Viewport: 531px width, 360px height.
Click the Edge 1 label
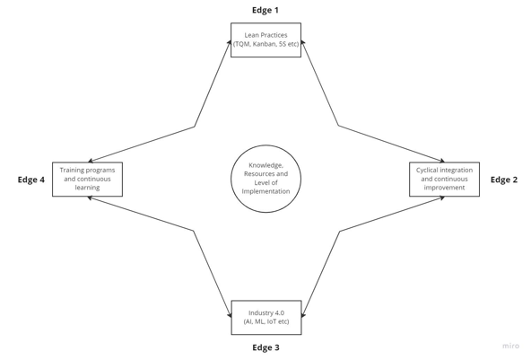point(265,10)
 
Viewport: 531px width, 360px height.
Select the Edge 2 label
point(504,180)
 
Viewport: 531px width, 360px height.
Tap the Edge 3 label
point(265,347)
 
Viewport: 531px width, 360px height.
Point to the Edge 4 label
point(31,180)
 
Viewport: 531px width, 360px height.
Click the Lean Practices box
point(265,40)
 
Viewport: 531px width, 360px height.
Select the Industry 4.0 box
point(266,317)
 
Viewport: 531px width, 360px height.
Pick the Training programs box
point(87,179)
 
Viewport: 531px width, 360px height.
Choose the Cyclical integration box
point(444,179)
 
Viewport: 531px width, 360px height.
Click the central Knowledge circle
point(265,179)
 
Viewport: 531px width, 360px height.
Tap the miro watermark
point(510,346)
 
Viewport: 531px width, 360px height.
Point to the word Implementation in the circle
point(265,191)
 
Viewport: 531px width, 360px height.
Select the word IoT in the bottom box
point(272,321)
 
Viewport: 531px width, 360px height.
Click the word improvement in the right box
point(444,188)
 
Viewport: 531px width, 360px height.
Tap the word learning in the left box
point(87,188)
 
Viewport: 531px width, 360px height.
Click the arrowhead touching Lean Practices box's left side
point(230,42)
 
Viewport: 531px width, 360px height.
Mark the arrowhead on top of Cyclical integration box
point(441,161)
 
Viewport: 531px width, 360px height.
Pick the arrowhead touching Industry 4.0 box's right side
point(303,315)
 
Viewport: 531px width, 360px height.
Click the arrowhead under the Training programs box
point(91,198)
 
